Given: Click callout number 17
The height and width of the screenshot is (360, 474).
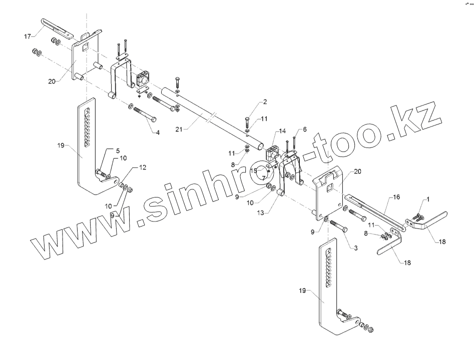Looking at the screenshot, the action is tap(28, 36).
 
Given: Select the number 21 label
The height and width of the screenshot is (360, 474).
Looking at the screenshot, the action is tap(179, 129).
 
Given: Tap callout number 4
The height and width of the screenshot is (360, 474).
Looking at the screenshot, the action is tap(158, 133).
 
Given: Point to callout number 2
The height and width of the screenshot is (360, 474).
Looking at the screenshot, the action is tap(265, 102).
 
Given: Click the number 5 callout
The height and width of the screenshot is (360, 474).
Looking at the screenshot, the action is tap(104, 150).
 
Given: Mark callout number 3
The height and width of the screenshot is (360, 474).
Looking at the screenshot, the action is tap(356, 248).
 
